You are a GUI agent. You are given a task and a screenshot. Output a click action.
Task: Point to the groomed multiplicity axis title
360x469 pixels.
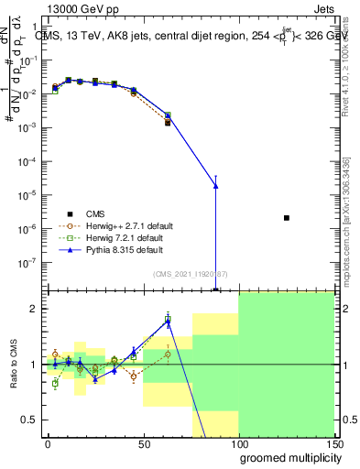tap(285, 457)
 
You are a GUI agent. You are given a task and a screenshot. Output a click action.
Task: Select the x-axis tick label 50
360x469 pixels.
tap(143, 442)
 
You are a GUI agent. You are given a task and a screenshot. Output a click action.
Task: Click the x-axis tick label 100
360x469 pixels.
tap(238, 442)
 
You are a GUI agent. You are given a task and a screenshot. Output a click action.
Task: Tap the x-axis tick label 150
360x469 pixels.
tap(333, 442)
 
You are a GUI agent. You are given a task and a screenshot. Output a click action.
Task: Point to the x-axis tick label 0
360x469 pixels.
tap(48, 442)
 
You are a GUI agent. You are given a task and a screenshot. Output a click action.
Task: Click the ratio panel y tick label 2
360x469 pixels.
tap(35, 309)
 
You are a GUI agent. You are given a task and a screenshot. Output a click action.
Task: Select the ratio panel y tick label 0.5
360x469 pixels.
tap(31, 420)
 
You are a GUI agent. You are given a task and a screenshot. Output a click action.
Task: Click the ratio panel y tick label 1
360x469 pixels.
tap(35, 365)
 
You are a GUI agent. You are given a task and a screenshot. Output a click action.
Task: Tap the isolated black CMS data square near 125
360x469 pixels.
tap(287, 218)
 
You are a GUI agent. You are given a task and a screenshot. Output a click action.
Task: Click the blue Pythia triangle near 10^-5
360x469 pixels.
tap(215, 186)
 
